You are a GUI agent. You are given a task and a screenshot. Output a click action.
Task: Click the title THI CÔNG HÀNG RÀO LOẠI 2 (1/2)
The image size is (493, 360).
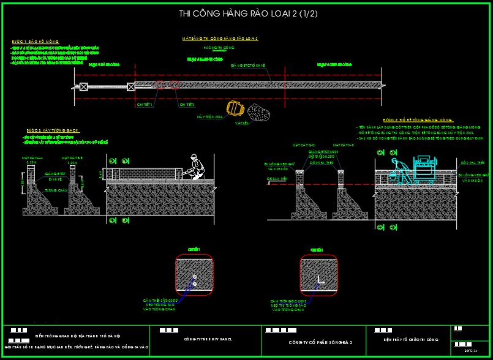pyautogui.click(x=248, y=13)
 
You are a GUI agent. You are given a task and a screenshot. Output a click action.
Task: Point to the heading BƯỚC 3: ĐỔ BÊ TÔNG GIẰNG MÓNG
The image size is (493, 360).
pyautogui.click(x=418, y=120)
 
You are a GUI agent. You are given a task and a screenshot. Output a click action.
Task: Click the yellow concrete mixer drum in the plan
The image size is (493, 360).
pyautogui.click(x=235, y=108)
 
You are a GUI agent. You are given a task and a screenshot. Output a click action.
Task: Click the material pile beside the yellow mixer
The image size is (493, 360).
pyautogui.click(x=260, y=111)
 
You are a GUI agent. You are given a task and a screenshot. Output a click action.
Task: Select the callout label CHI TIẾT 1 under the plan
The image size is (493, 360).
pyautogui.click(x=145, y=105)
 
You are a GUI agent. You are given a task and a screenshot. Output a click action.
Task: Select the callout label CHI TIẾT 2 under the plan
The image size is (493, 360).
pyautogui.click(x=187, y=105)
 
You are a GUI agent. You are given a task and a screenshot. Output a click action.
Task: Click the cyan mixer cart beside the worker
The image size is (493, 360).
pyautogui.click(x=426, y=170)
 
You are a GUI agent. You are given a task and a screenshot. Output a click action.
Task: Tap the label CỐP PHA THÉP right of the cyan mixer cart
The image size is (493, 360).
pyautogui.click(x=472, y=163)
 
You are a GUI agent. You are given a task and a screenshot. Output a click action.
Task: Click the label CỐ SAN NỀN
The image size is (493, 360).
pyautogui.click(x=277, y=179)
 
